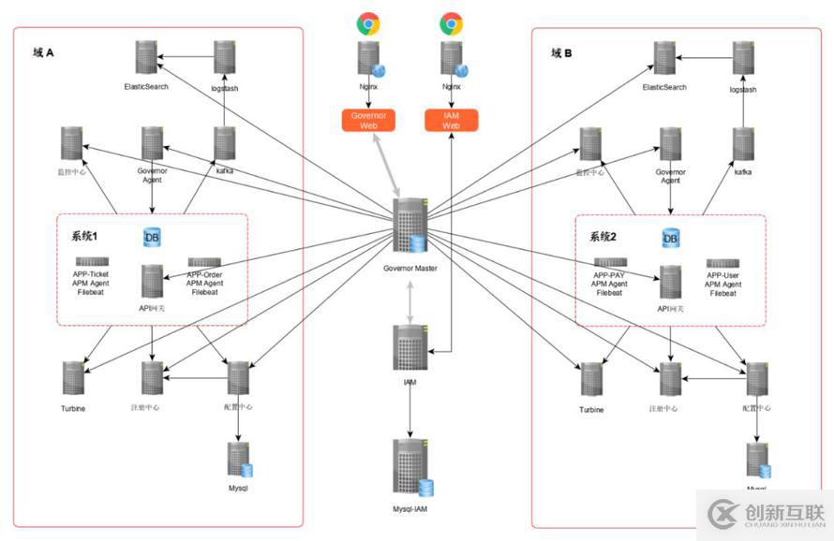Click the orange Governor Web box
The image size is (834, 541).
[368, 120]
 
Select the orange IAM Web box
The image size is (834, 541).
[452, 120]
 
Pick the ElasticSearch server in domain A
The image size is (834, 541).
[145, 58]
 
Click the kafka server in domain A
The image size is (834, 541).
[225, 142]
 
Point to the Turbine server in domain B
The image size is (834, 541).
[591, 380]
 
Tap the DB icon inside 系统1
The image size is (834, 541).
[152, 239]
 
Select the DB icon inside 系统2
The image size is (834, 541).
[671, 239]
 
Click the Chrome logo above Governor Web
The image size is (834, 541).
[368, 23]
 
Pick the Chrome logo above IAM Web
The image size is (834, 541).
[452, 23]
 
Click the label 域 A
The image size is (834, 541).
[43, 53]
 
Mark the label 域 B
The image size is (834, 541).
[561, 53]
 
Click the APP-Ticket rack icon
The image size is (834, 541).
[92, 262]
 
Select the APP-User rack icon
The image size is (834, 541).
[723, 264]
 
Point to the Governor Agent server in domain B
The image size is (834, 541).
[671, 143]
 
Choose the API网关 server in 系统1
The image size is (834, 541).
[152, 281]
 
